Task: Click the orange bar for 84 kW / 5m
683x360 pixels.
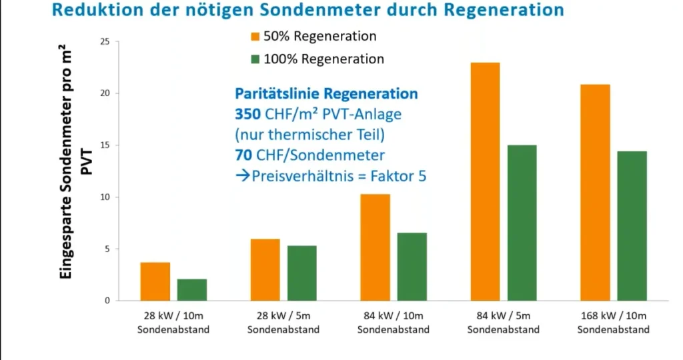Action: pyautogui.click(x=485, y=181)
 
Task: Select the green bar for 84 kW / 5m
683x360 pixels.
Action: pyautogui.click(x=522, y=223)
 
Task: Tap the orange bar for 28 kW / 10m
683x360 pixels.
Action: pyautogui.click(x=155, y=281)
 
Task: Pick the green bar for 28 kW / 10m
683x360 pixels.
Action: pyautogui.click(x=191, y=290)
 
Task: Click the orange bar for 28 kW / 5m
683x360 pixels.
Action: pyautogui.click(x=265, y=269)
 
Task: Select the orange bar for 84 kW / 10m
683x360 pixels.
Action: pyautogui.click(x=375, y=247)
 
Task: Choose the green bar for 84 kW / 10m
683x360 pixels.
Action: pyautogui.click(x=412, y=267)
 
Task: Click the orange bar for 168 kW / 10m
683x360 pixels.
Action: pyautogui.click(x=595, y=193)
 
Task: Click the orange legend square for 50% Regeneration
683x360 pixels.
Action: pyautogui.click(x=256, y=36)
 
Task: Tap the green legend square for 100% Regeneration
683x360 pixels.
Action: pyautogui.click(x=256, y=59)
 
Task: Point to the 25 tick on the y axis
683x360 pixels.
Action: pyautogui.click(x=104, y=41)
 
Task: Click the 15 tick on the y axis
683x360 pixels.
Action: pyautogui.click(x=104, y=145)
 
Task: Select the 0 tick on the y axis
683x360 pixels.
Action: pyautogui.click(x=107, y=301)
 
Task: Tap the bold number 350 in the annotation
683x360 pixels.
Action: pyautogui.click(x=247, y=114)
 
